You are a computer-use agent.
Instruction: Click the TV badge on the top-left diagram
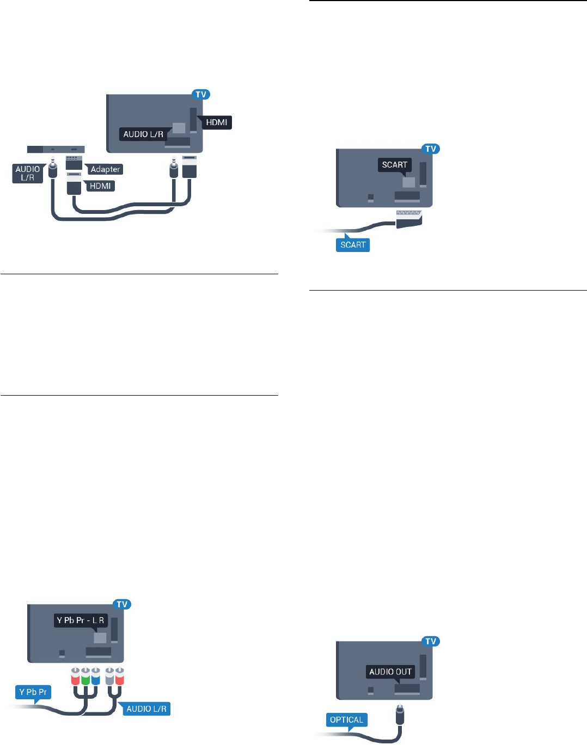pos(201,94)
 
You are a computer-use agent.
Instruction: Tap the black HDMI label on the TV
pos(216,122)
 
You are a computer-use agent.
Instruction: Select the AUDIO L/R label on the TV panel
pos(143,134)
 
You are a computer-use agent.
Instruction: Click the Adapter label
pos(105,169)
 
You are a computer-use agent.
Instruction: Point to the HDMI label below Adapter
pos(100,186)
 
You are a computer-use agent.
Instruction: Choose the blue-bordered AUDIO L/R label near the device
pos(28,173)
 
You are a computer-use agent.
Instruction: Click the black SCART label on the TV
pos(394,164)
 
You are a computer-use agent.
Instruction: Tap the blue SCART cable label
pos(353,244)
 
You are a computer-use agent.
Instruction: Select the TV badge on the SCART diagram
pos(431,149)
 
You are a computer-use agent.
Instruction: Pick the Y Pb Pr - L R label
pos(81,620)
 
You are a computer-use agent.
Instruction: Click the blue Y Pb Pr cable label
pos(33,692)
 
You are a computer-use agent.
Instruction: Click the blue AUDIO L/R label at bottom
pos(146,709)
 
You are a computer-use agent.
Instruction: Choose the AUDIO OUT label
pos(390,672)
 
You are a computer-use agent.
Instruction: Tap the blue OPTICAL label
pos(346,719)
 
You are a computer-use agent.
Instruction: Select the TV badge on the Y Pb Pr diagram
pos(122,604)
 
